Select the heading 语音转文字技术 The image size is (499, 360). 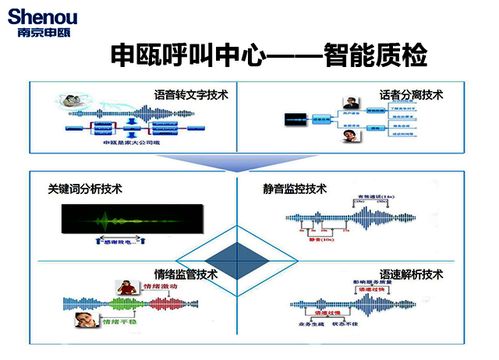coord(190,95)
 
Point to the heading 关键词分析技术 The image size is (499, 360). coord(85,188)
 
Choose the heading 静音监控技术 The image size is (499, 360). coord(295,188)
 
